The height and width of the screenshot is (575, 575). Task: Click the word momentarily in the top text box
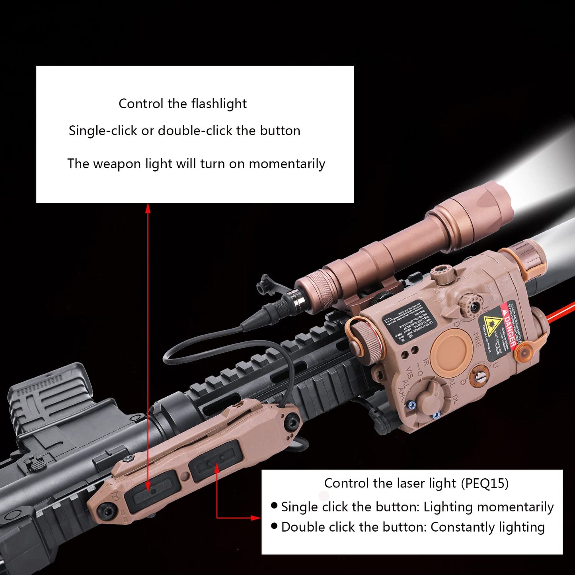click(x=287, y=164)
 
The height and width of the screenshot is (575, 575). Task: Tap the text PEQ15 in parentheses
click(x=485, y=483)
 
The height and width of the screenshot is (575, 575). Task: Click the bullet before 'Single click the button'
click(x=274, y=506)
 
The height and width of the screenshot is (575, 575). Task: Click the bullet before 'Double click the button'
click(x=274, y=526)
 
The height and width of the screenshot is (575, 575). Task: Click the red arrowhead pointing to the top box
click(x=148, y=207)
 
